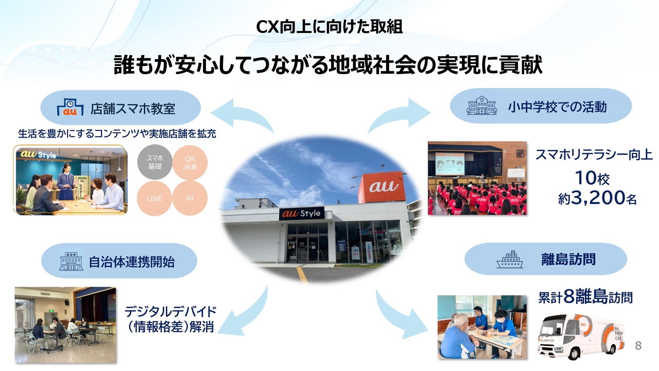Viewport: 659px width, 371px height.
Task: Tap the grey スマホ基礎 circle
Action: tap(155, 162)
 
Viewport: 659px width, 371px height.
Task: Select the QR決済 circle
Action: tap(190, 163)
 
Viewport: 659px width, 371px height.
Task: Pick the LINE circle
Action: tap(154, 198)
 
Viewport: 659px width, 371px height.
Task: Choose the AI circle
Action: tap(190, 198)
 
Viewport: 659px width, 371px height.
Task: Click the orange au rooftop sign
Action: tap(381, 187)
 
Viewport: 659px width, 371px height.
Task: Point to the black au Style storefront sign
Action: tap(302, 213)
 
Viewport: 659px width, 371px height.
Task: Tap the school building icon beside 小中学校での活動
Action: tap(482, 106)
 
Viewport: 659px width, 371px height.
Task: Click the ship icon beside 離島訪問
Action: tap(510, 260)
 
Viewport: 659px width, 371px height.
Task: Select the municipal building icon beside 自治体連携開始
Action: tap(71, 261)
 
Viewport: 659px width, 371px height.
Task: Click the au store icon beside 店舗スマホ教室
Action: tap(70, 107)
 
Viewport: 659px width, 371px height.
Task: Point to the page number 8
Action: tap(638, 345)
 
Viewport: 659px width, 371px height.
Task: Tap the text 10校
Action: tap(592, 178)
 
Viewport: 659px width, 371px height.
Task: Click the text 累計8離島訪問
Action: tap(585, 297)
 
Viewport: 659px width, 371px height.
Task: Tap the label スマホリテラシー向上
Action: tap(594, 154)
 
